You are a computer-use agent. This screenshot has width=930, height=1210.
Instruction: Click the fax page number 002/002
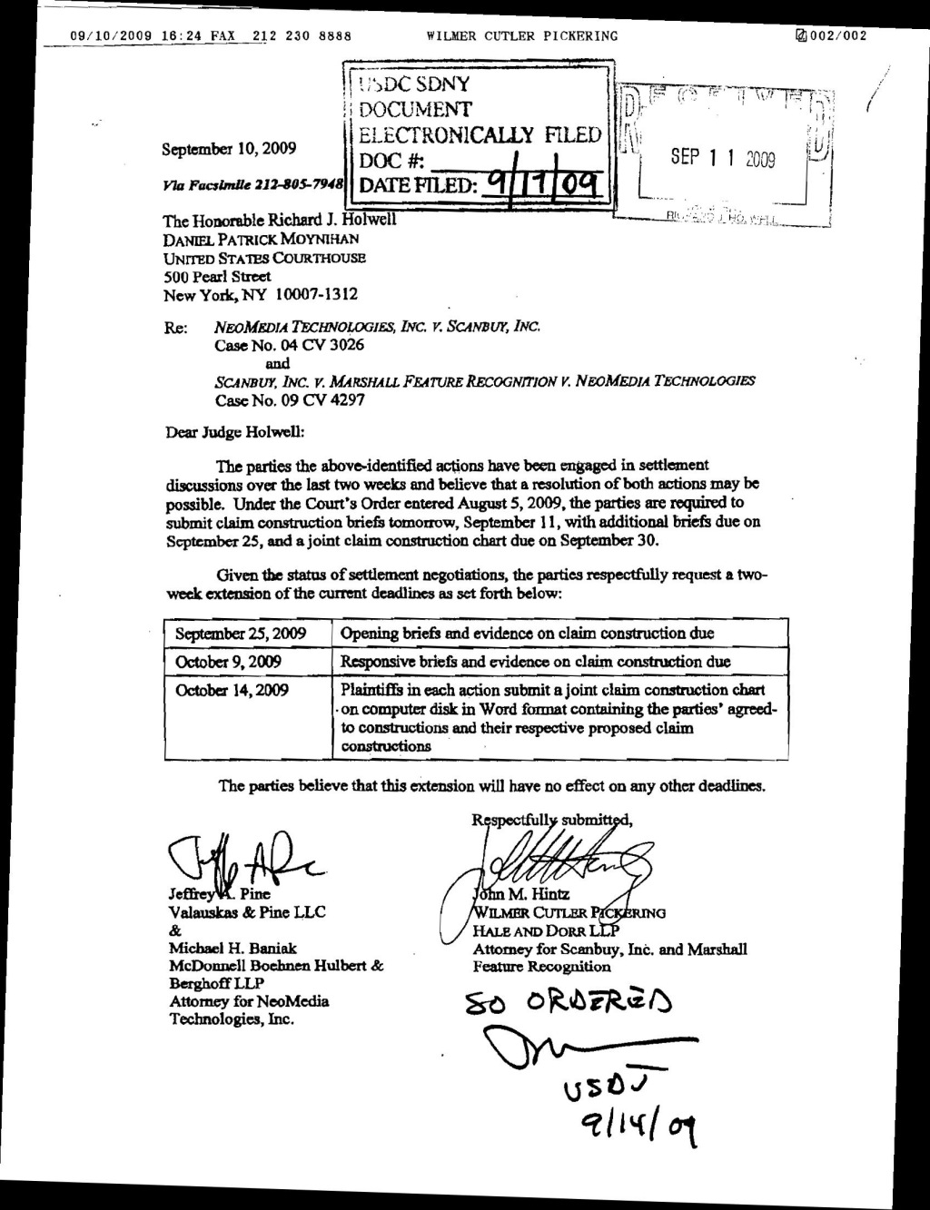point(837,36)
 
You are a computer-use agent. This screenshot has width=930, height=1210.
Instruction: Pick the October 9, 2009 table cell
point(229,662)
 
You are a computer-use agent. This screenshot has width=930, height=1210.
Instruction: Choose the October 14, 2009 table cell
point(232,690)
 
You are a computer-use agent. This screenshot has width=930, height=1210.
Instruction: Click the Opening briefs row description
point(527,634)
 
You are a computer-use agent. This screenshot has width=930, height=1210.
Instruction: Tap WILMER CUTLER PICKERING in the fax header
point(521,36)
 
